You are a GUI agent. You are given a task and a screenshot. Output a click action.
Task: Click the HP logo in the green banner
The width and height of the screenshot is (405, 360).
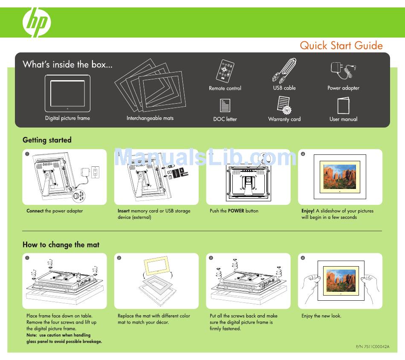pyautogui.click(x=37, y=22)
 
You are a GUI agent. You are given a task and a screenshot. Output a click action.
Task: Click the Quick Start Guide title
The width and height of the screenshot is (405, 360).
pyautogui.click(x=341, y=46)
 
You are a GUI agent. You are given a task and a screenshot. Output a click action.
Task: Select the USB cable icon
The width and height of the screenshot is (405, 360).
pyautogui.click(x=284, y=71)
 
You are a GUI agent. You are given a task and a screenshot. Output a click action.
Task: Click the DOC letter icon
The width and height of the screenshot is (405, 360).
pyautogui.click(x=225, y=105)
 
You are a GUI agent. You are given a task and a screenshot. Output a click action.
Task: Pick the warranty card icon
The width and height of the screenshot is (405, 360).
pyautogui.click(x=284, y=105)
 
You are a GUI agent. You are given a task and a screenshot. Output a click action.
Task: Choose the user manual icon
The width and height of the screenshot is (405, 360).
pyautogui.click(x=343, y=105)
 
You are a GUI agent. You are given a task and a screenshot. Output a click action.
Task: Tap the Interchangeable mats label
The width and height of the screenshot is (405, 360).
pyautogui.click(x=150, y=118)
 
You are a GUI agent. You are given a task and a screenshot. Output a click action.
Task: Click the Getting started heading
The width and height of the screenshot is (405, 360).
pyautogui.click(x=47, y=140)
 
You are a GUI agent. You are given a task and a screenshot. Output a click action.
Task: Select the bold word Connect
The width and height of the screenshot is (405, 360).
pyautogui.click(x=35, y=211)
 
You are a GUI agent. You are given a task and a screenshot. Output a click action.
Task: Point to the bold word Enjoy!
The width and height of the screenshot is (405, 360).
pyautogui.click(x=308, y=211)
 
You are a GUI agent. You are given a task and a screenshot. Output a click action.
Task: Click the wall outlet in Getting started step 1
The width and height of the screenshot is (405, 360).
pyautogui.click(x=95, y=171)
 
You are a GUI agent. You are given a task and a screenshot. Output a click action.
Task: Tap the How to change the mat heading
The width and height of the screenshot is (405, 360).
pyautogui.click(x=61, y=245)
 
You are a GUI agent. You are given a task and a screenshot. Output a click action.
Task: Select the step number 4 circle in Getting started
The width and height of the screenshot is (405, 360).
pyautogui.click(x=303, y=154)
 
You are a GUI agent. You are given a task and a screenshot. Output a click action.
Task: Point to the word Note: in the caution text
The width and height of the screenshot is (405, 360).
pyautogui.click(x=32, y=335)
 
